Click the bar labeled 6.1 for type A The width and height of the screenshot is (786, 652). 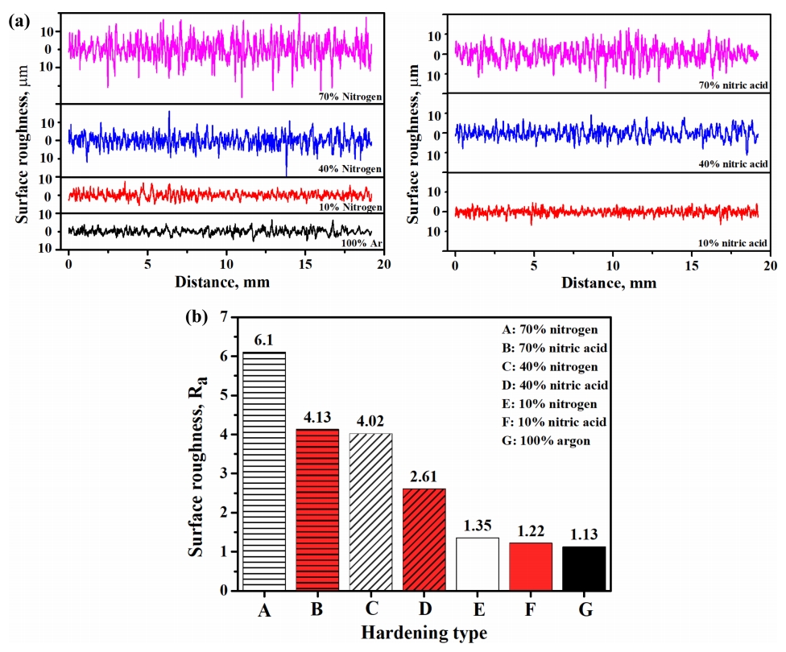tap(263, 471)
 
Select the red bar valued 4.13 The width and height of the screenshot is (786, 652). tap(316, 510)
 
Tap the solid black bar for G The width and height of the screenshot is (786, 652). tap(584, 567)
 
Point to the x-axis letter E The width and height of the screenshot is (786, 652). tap(477, 611)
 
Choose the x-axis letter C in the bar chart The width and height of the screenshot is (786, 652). tap(370, 611)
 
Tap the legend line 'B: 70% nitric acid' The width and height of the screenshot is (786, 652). tap(554, 347)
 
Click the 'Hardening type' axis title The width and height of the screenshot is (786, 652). tap(424, 633)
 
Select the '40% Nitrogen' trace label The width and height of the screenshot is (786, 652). tap(350, 168)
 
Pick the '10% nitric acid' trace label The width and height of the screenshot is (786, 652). tap(733, 242)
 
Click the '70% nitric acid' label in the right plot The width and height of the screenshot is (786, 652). tap(733, 85)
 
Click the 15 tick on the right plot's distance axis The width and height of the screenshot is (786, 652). tap(692, 264)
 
